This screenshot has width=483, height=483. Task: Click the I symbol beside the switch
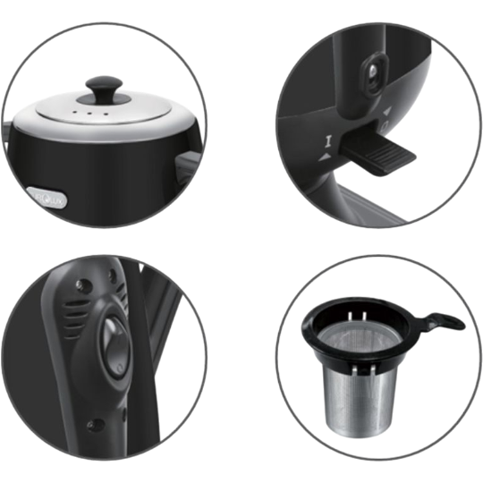[326, 141]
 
